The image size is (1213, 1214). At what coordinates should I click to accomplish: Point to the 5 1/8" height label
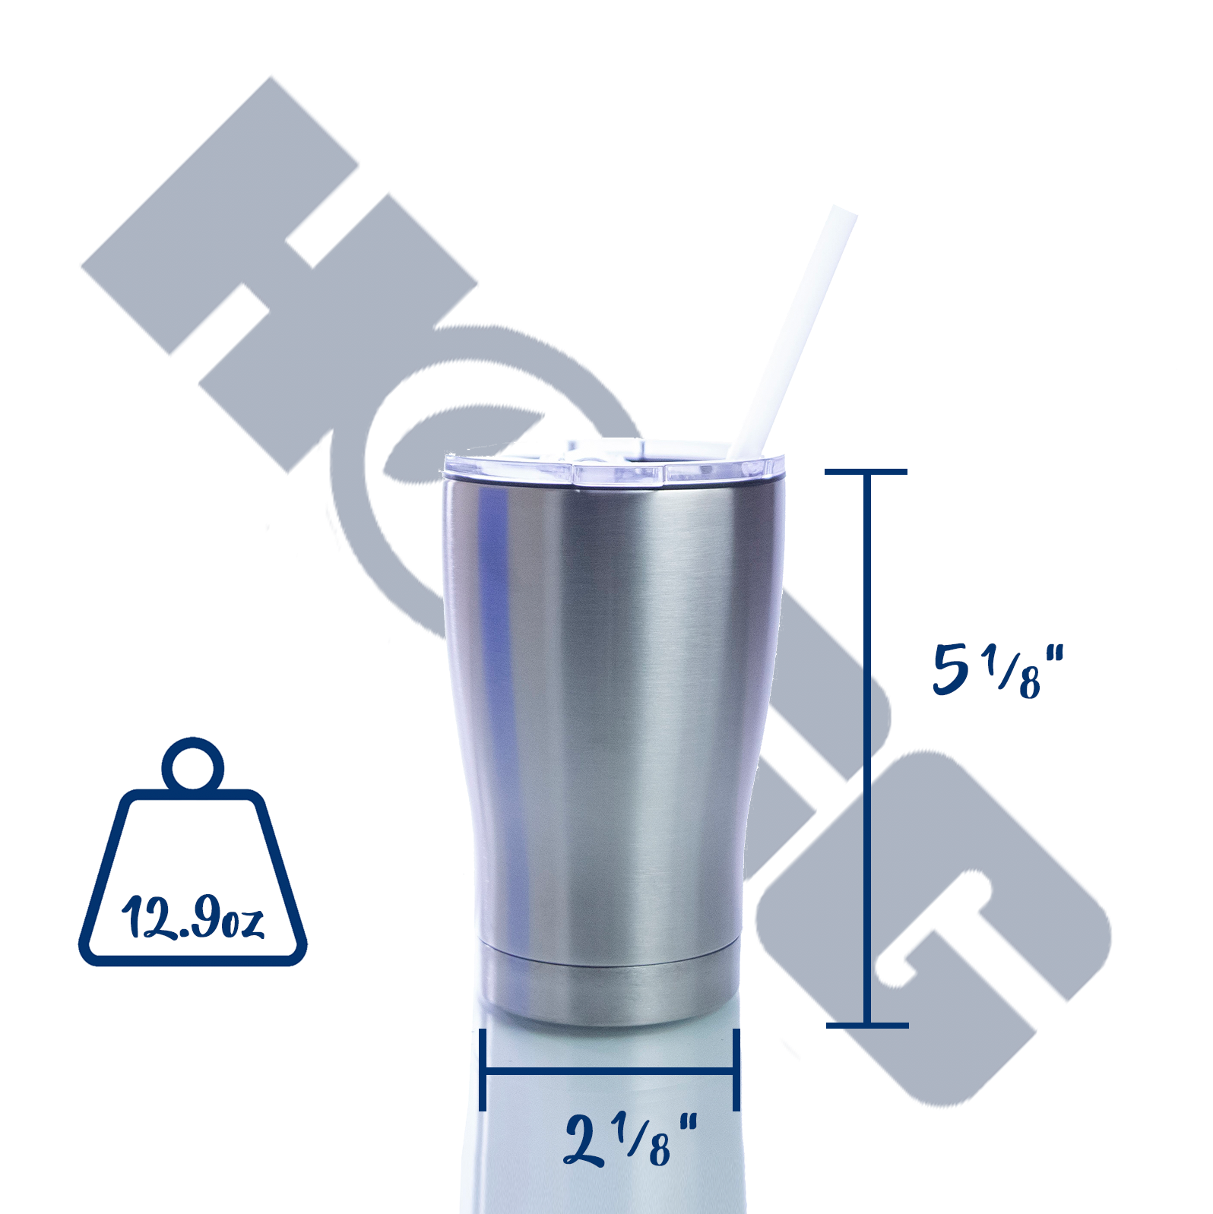[997, 670]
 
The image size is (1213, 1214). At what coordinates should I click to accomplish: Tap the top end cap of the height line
[866, 472]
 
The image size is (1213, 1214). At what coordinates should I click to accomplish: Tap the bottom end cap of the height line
[867, 1025]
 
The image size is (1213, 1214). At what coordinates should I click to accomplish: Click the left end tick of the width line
[483, 1070]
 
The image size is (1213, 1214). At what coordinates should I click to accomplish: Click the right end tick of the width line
[736, 1070]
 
